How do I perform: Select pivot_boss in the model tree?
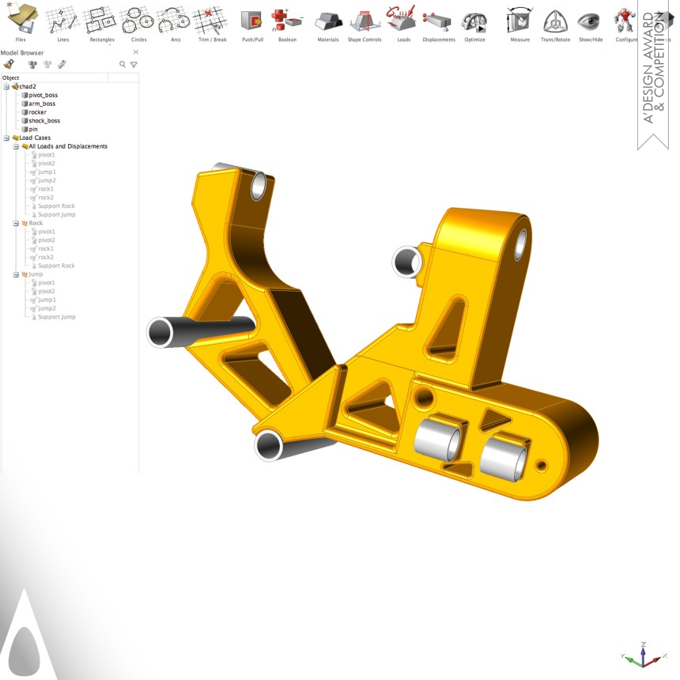click(x=43, y=95)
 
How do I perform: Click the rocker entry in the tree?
click(x=37, y=112)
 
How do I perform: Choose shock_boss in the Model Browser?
click(x=43, y=121)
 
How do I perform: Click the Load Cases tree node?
click(x=35, y=138)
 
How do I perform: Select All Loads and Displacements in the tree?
click(x=67, y=146)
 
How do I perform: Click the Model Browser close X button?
click(x=135, y=52)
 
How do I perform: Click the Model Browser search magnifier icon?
click(x=123, y=64)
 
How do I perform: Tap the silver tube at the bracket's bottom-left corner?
click(x=269, y=445)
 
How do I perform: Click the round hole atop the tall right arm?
click(x=521, y=246)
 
